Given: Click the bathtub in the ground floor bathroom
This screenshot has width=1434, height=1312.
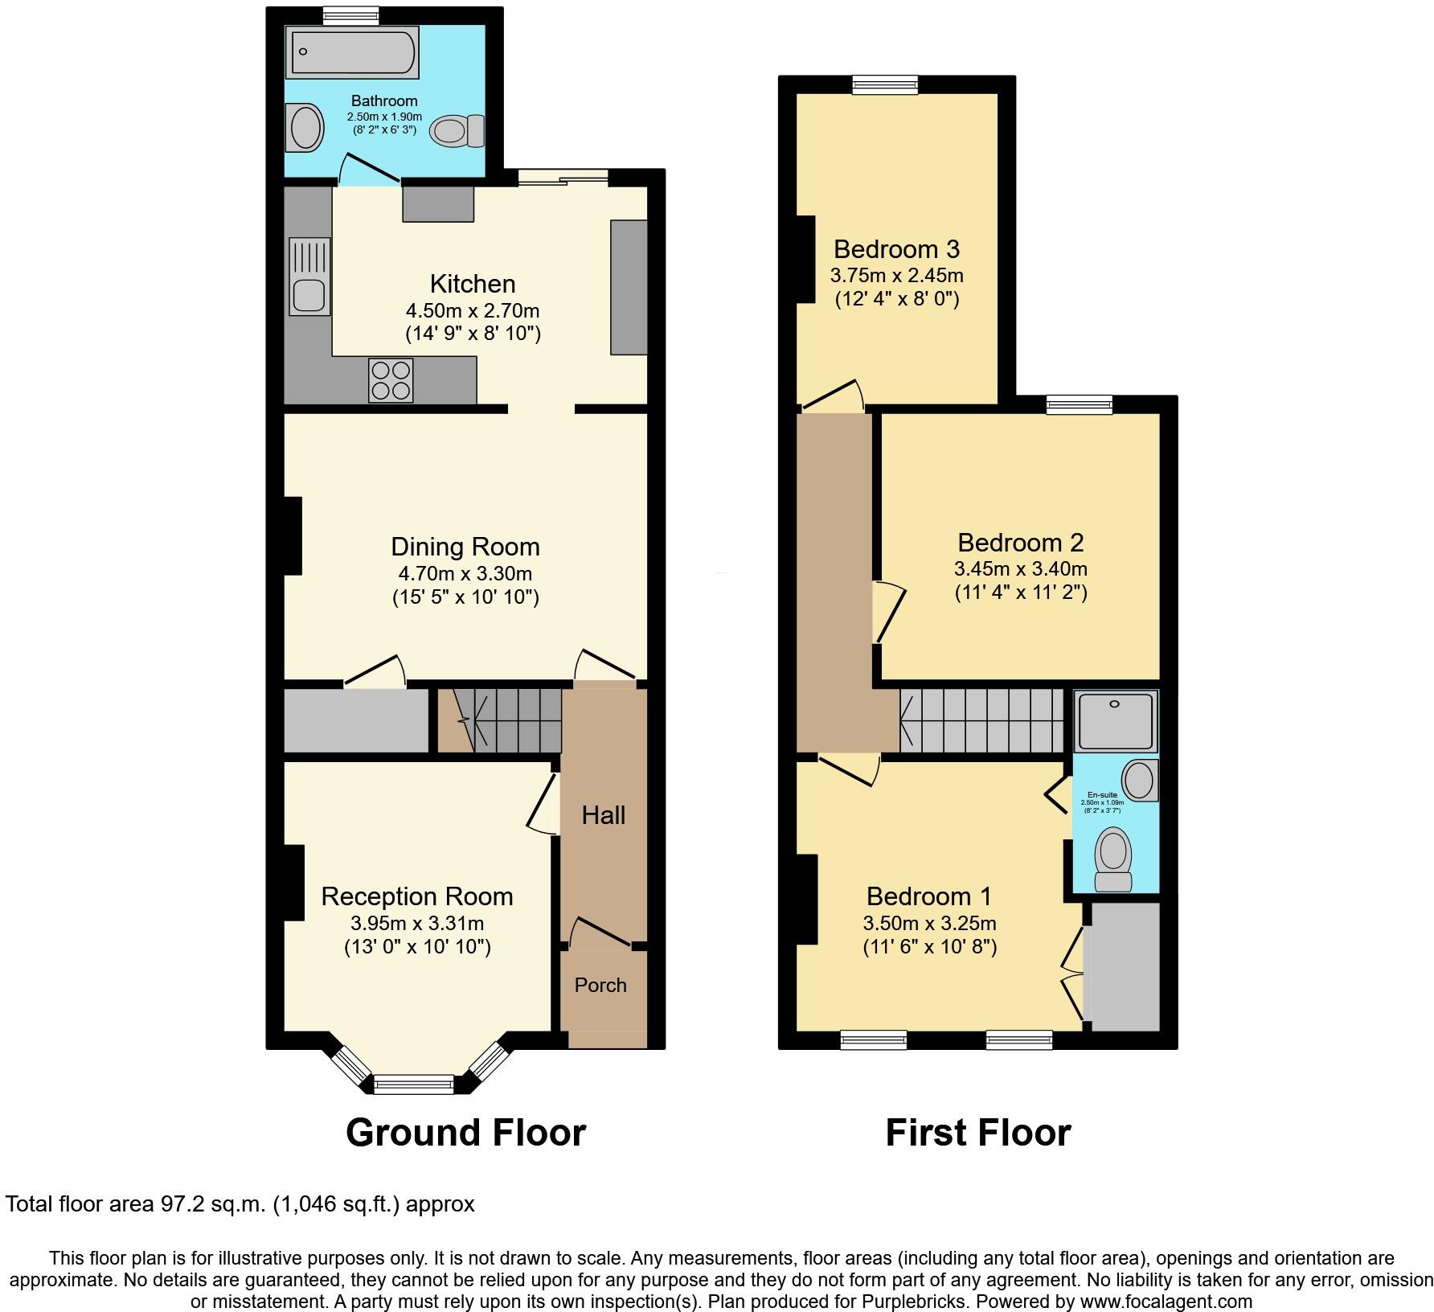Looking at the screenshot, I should (353, 53).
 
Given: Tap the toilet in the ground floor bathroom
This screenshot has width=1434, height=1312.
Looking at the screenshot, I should (457, 131).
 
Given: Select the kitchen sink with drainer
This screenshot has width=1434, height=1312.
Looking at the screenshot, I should (309, 276).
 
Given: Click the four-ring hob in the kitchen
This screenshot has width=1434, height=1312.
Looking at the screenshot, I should (391, 379).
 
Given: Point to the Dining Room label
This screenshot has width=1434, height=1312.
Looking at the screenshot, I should (465, 547).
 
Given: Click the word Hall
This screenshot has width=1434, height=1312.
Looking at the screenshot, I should (604, 816).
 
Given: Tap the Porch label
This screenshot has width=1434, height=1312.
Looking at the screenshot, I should (600, 986).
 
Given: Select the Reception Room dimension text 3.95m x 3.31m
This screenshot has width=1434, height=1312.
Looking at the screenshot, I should (417, 924).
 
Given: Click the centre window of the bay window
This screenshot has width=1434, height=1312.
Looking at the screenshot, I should (414, 1085).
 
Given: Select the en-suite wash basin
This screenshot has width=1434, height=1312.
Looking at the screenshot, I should (1140, 779).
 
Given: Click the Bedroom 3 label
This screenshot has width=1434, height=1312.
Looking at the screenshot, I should (896, 249).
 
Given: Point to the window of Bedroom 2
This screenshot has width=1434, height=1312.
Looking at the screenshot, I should (1080, 404).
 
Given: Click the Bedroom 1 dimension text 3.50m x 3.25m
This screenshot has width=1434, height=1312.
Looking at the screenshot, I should (930, 924).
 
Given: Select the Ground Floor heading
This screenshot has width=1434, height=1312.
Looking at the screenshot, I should (465, 1133).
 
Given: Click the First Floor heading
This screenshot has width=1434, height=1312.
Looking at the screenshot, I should (977, 1133).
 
